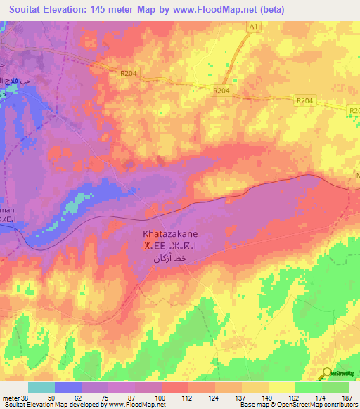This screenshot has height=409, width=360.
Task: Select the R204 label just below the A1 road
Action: (221, 90)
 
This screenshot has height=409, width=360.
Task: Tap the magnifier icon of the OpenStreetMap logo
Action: (327, 373)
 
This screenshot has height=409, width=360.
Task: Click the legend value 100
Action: (161, 398)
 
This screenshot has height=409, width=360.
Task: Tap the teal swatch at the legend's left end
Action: (41, 387)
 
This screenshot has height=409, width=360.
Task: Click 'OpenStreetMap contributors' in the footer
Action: (323, 405)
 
